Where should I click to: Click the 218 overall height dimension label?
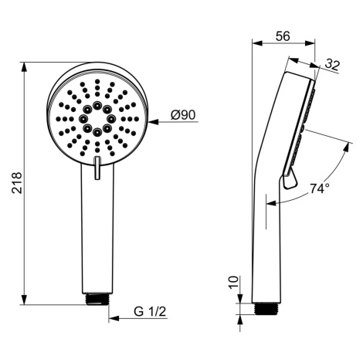tap(18, 183)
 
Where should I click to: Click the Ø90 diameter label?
tap(183, 115)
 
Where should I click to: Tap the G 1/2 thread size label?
tap(150, 312)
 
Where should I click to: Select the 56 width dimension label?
tap(283, 36)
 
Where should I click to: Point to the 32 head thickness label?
tap(332, 65)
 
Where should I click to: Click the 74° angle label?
tap(320, 188)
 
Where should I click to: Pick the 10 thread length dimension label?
tap(233, 283)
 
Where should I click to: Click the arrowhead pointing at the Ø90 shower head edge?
tap(153, 122)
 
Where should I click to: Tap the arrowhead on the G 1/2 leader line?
tap(114, 318)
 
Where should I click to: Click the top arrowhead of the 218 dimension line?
tap(24, 67)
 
